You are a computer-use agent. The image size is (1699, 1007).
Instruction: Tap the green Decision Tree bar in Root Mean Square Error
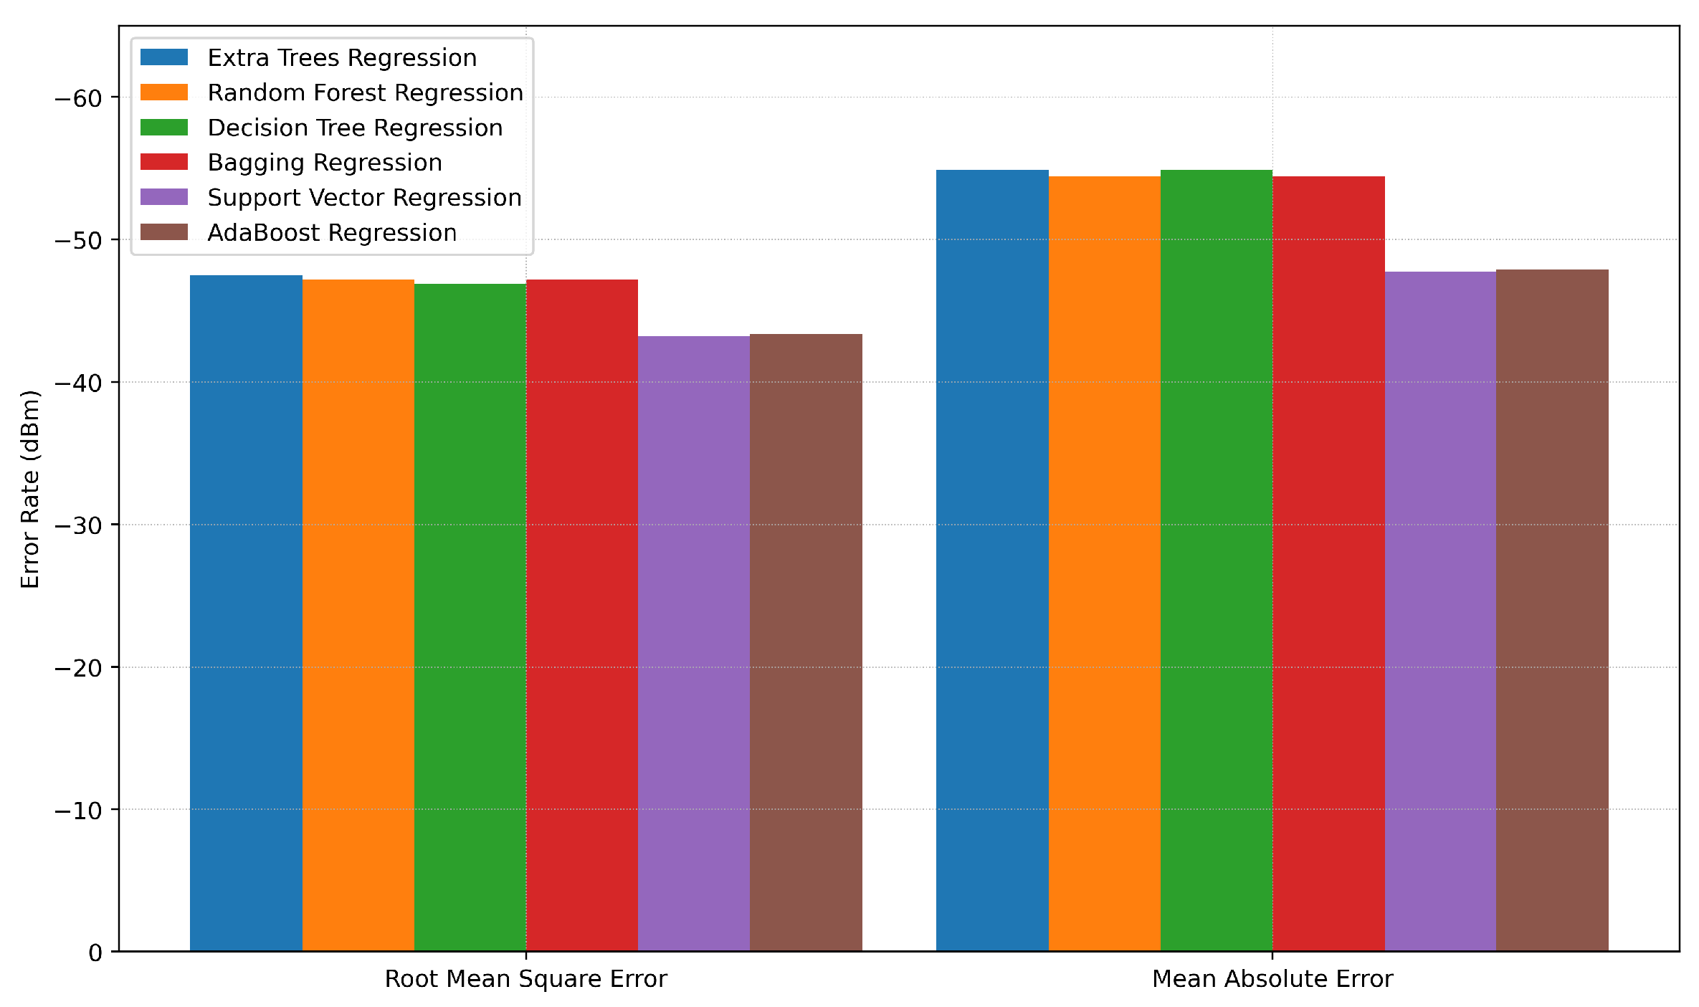(470, 617)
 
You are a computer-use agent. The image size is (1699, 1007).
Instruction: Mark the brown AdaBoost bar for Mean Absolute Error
(1552, 610)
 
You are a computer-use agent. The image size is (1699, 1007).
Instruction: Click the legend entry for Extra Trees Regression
(342, 57)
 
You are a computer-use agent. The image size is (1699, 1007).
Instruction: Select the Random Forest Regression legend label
(365, 92)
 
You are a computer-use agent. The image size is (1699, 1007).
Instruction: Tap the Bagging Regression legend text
(325, 163)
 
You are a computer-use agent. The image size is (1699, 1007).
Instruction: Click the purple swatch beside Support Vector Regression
(164, 197)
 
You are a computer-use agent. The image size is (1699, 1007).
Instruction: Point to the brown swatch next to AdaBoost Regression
(164, 232)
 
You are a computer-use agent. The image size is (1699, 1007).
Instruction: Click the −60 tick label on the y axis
(78, 98)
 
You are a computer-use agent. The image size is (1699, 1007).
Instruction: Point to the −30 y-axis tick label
(78, 525)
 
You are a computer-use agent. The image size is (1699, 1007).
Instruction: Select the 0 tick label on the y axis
(95, 953)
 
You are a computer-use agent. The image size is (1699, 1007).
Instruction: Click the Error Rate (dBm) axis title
(30, 489)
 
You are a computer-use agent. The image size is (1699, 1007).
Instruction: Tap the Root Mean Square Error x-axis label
(525, 979)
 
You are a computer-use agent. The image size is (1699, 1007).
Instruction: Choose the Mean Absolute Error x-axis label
(1272, 979)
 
